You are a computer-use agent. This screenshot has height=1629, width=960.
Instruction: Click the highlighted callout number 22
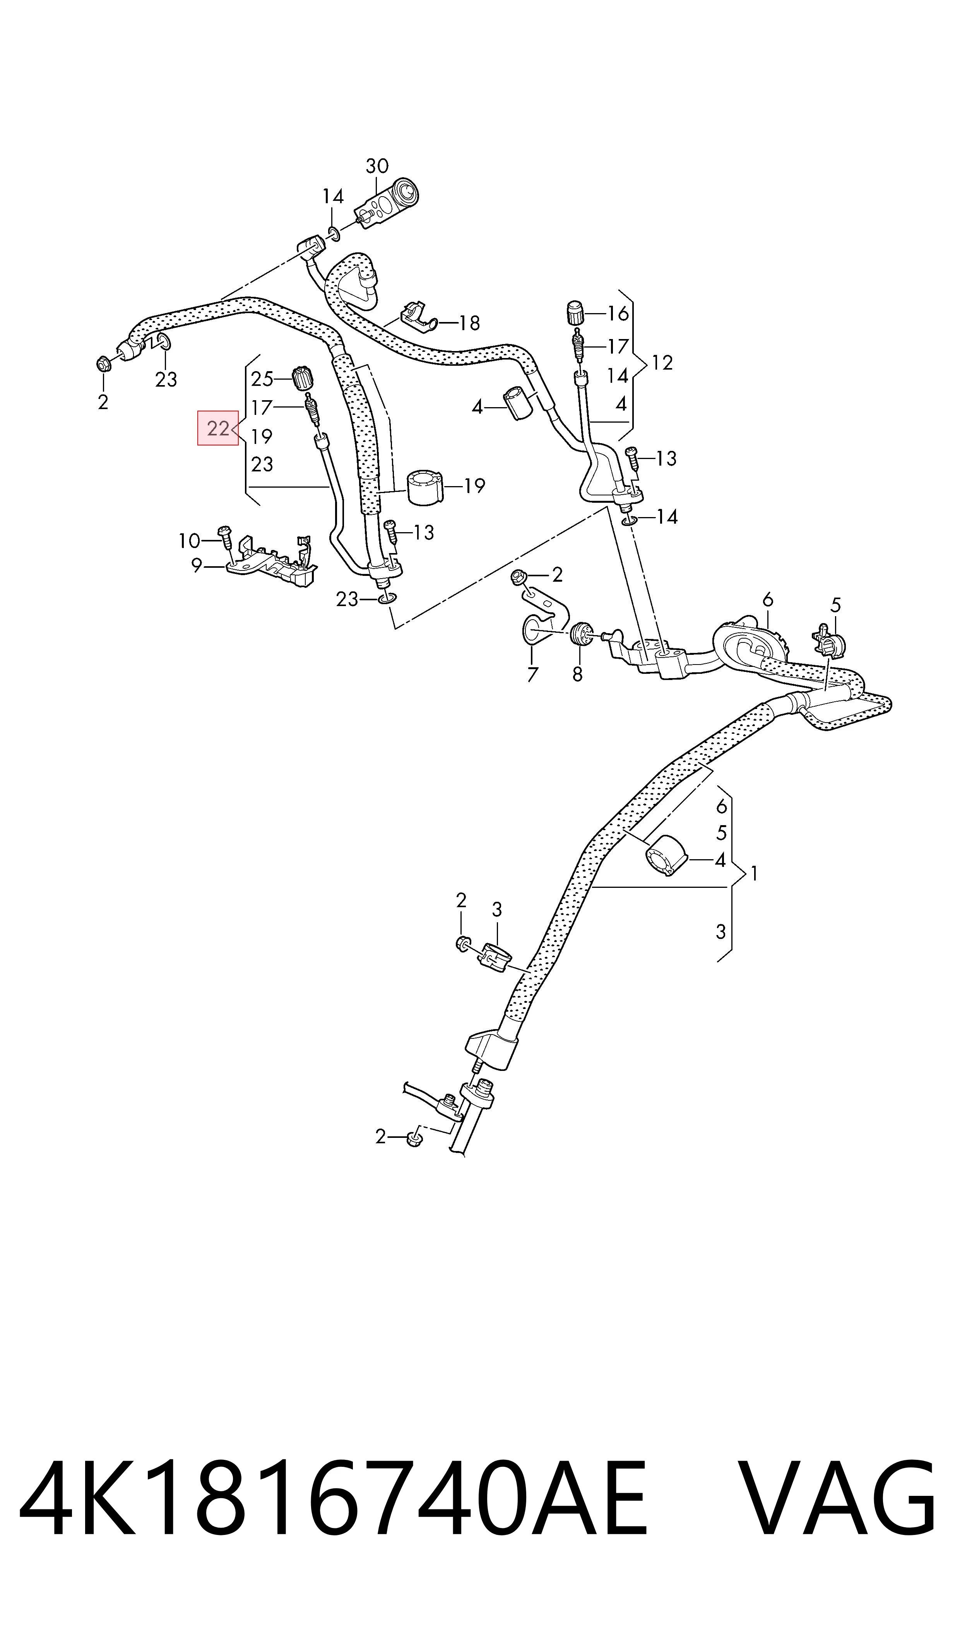tap(218, 428)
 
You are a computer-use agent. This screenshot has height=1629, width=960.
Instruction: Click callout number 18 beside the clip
tap(470, 323)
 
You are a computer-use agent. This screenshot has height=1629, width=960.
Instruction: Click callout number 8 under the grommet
tap(577, 674)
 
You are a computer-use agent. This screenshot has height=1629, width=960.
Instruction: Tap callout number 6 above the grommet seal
tap(767, 600)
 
